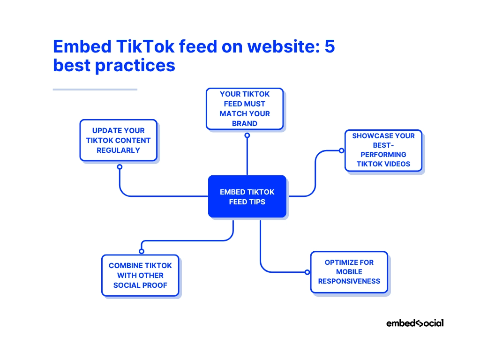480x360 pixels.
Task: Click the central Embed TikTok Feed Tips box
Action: click(x=247, y=196)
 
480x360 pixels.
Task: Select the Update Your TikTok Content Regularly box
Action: click(x=118, y=140)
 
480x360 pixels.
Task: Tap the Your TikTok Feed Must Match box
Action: click(x=245, y=108)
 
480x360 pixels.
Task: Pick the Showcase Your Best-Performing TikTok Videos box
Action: click(x=383, y=150)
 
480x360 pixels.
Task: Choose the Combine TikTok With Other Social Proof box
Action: click(x=140, y=275)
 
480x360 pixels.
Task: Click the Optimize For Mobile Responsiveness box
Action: click(x=349, y=272)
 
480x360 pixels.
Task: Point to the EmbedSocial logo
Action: click(x=415, y=323)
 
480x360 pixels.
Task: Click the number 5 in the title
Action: click(x=329, y=47)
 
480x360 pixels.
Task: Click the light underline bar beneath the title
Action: click(x=95, y=89)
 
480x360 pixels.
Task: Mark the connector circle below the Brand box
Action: click(x=247, y=135)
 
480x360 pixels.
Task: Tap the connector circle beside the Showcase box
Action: click(x=341, y=150)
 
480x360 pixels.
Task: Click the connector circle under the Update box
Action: click(x=120, y=167)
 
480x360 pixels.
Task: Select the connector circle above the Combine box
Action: click(x=142, y=251)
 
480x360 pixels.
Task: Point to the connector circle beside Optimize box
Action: click(x=307, y=272)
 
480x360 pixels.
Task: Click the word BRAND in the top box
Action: click(x=245, y=124)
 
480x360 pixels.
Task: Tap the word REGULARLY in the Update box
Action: click(x=118, y=150)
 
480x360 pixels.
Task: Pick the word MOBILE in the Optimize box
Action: click(x=349, y=272)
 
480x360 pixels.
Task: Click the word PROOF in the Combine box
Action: click(x=157, y=285)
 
